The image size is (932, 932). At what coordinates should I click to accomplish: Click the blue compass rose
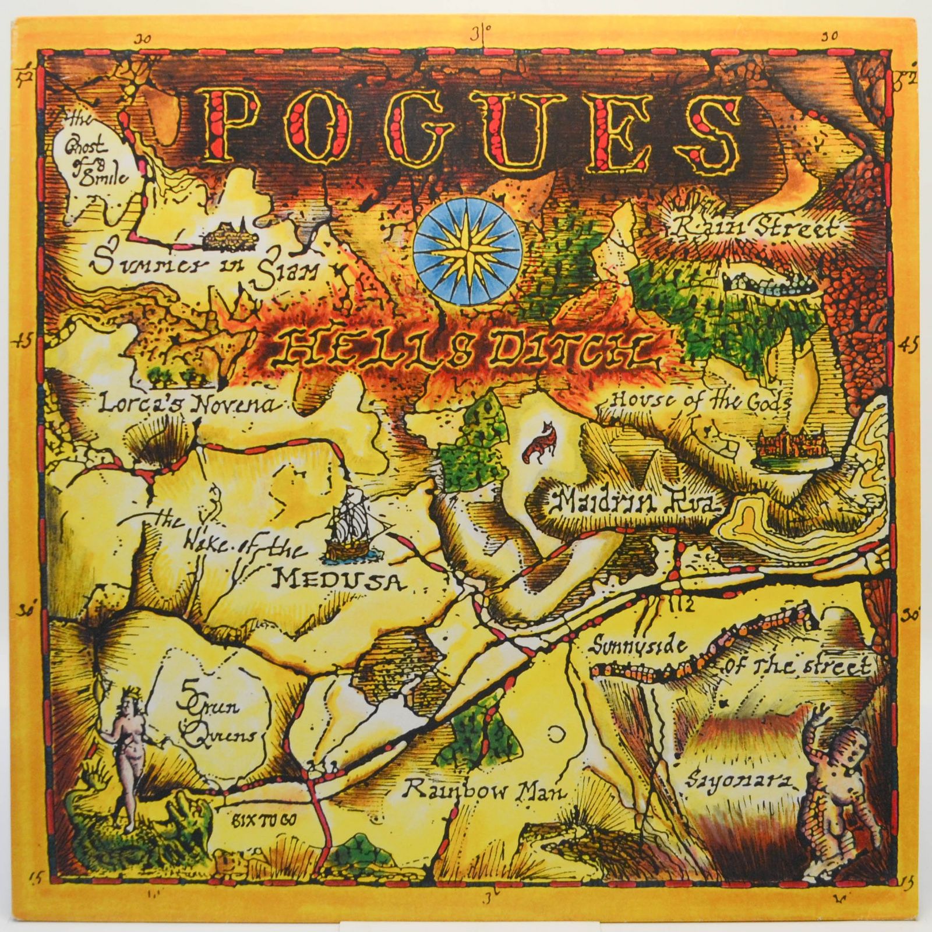467,249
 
